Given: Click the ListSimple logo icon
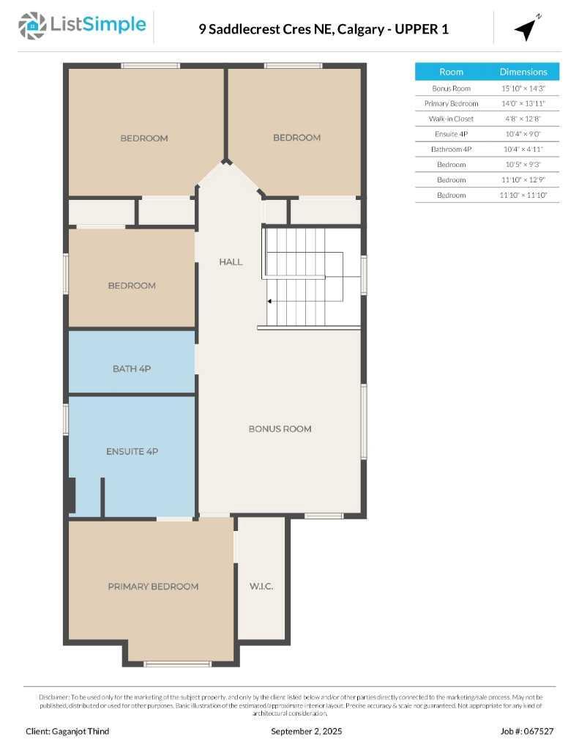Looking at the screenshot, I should click(x=32, y=26).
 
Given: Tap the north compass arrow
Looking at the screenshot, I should click(x=526, y=29).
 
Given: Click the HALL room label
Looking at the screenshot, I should click(x=231, y=262).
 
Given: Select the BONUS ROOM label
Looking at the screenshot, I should click(x=280, y=429).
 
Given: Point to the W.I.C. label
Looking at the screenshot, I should click(x=261, y=587).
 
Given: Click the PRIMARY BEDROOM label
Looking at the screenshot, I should click(x=153, y=587).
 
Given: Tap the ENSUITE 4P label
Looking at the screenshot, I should click(x=132, y=452).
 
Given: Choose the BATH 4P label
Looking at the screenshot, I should click(x=132, y=369).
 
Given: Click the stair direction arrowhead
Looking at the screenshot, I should click(x=269, y=301).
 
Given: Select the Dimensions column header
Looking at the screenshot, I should click(x=523, y=72).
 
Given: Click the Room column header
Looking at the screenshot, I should click(x=451, y=72).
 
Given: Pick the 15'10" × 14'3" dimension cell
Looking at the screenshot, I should click(x=523, y=88).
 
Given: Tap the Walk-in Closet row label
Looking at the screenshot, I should click(x=451, y=119).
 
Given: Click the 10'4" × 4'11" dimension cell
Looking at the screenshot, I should click(x=523, y=149).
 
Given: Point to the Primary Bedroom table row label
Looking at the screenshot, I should click(x=451, y=103).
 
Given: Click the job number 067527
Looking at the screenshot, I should click(x=538, y=731).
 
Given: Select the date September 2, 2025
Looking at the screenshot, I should click(x=306, y=731).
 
